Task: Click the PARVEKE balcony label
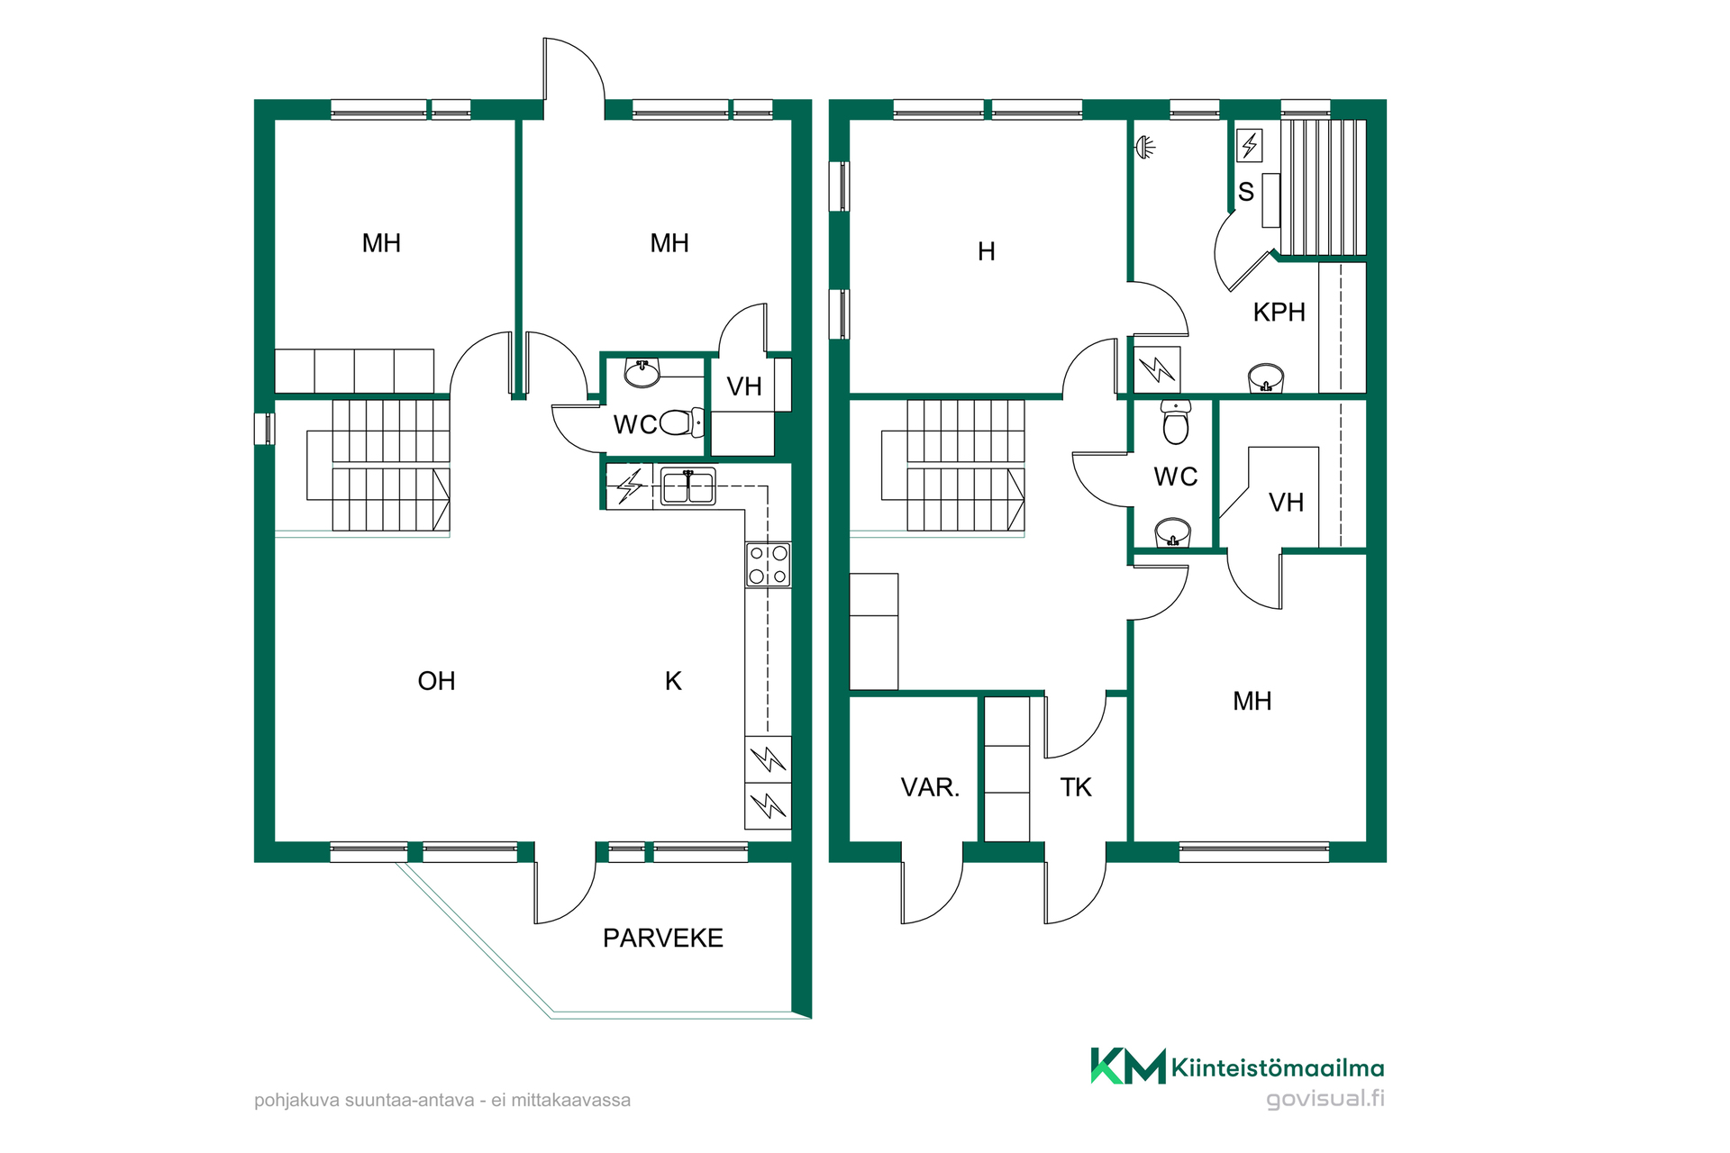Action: coord(663,938)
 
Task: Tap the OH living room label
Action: coord(436,680)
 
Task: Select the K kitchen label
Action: coord(673,680)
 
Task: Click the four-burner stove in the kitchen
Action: coord(768,565)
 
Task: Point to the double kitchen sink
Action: coord(687,486)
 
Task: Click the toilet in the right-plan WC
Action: coord(1176,422)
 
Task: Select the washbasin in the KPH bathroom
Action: coord(1266,378)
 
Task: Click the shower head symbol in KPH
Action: coord(1145,147)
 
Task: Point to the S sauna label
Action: coord(1246,192)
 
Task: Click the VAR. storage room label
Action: coord(930,787)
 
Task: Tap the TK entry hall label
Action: coord(1076,787)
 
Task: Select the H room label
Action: coord(987,251)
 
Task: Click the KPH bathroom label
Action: coord(1279,312)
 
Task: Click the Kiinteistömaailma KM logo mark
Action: coord(1128,1066)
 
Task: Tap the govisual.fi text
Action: coord(1325,1098)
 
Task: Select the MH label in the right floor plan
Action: coord(1252,701)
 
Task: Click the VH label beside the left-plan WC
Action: coord(744,386)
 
